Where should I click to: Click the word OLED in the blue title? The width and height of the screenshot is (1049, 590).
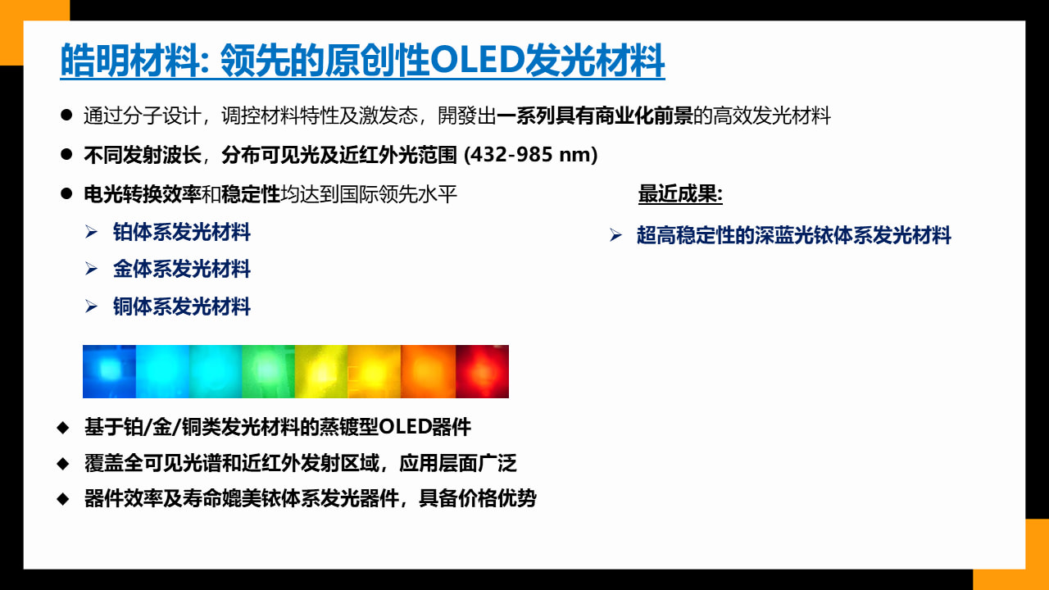click(x=477, y=60)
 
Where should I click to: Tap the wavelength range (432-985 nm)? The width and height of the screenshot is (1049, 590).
click(x=530, y=155)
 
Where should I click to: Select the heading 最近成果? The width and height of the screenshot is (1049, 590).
click(x=680, y=194)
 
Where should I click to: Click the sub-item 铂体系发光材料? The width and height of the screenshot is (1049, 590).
click(x=182, y=232)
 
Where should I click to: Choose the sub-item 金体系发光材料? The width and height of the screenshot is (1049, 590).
click(x=182, y=270)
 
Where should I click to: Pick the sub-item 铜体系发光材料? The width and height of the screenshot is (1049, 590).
click(x=182, y=306)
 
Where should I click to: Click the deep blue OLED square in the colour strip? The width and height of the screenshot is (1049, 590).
click(x=109, y=371)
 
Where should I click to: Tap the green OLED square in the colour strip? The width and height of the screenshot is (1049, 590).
click(x=268, y=371)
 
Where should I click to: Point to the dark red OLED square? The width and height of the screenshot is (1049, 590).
click(x=483, y=371)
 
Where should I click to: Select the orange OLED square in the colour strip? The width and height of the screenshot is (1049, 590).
click(x=428, y=371)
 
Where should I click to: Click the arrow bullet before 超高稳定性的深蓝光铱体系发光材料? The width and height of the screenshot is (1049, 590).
click(x=615, y=235)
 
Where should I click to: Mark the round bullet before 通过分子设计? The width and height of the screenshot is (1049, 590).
click(x=66, y=115)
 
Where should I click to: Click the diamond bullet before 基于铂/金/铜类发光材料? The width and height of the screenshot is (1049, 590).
click(x=63, y=428)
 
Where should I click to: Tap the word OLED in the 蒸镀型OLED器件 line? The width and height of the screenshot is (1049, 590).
click(x=405, y=427)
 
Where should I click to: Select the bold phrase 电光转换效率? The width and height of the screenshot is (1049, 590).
click(x=143, y=194)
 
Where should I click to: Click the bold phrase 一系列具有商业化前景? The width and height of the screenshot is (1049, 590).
click(x=595, y=116)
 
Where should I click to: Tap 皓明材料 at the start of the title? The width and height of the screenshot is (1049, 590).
click(x=130, y=60)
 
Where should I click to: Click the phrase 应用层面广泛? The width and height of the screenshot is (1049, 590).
click(x=458, y=463)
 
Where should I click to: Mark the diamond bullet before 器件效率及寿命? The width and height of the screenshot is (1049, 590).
click(x=63, y=499)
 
